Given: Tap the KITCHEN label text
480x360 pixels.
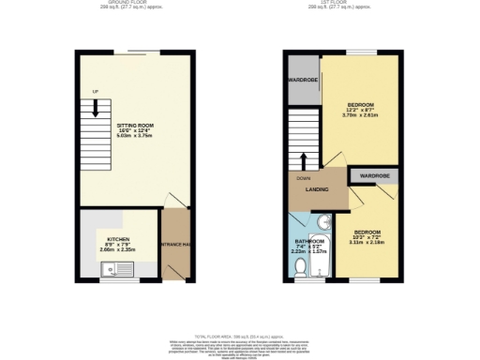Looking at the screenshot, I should (x=117, y=239).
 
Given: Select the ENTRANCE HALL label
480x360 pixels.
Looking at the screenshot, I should (x=174, y=244).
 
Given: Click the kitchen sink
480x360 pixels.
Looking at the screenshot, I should (x=119, y=272).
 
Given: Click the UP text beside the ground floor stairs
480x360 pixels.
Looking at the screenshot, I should (x=95, y=91).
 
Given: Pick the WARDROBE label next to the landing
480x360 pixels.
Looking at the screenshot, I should (x=375, y=175).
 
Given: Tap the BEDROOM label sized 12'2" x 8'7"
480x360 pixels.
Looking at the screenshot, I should (x=361, y=104).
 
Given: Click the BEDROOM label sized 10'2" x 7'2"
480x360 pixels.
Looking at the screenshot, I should (x=367, y=231).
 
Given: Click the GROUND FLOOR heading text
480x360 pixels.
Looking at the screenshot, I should (x=127, y=4).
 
